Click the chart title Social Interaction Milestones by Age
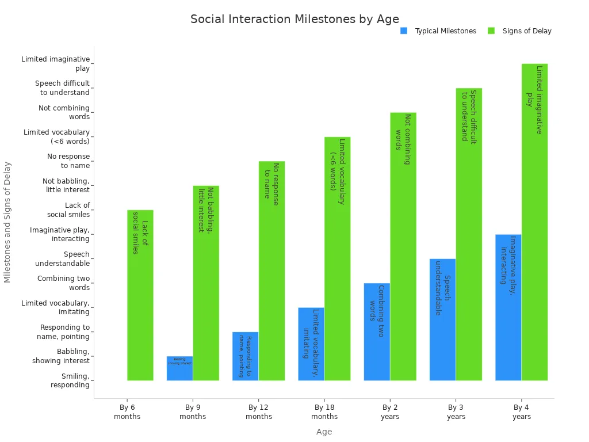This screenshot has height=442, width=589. pos(294,19)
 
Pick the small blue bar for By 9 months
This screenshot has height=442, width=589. pos(179,368)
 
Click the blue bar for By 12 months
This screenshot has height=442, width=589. pos(245,356)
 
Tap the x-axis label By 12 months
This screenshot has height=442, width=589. pos(259,412)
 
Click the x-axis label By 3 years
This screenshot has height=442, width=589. pos(456,412)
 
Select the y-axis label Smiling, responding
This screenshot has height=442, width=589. pos(70,380)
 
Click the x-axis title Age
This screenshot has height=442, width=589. pos(324,432)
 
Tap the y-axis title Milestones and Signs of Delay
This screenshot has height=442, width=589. pos(7,222)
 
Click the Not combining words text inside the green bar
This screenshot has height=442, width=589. pos(403,139)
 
